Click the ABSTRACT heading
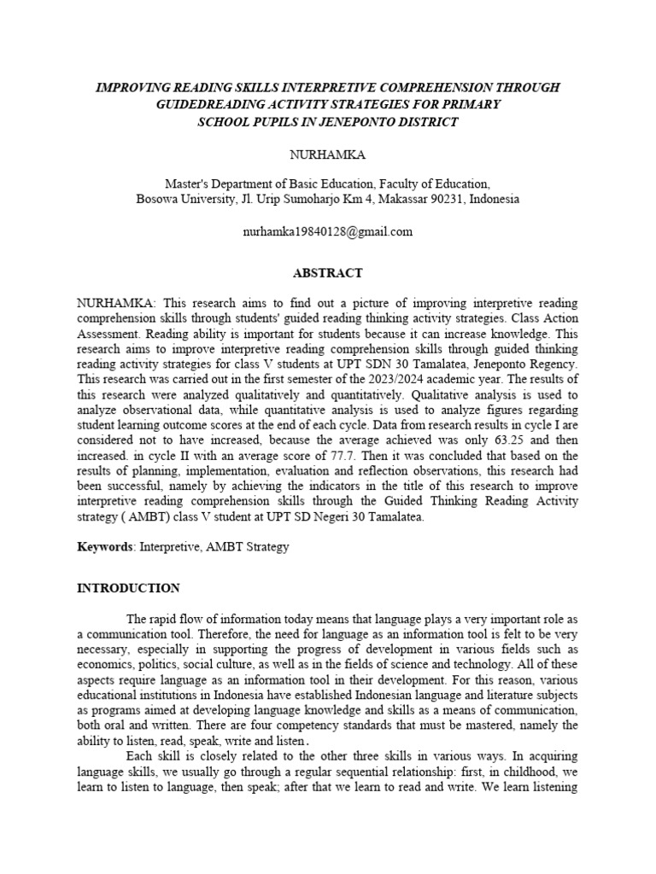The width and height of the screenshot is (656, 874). (328, 273)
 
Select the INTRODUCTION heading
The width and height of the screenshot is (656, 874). (128, 588)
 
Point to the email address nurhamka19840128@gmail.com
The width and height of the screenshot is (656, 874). (328, 231)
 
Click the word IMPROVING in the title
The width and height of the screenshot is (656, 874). (131, 88)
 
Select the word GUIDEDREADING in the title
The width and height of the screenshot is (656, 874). (230, 104)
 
